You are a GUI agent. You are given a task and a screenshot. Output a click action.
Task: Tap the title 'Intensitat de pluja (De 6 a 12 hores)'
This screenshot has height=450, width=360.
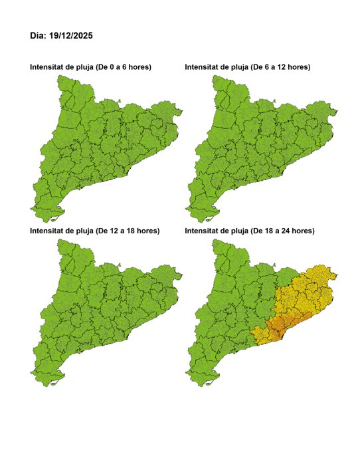[247, 68]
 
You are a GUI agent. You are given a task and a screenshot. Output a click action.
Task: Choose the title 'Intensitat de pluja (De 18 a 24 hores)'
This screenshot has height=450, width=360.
[250, 231]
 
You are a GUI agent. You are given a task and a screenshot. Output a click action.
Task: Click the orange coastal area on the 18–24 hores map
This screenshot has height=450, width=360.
[278, 326]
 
